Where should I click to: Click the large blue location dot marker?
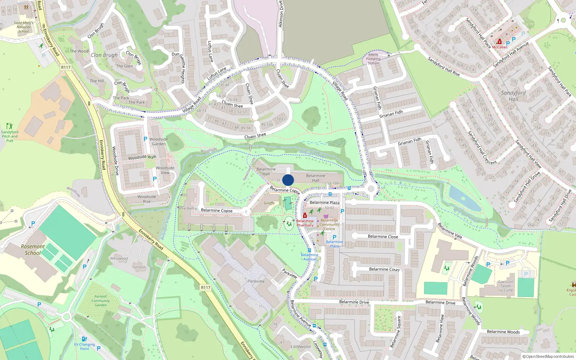point(288,180)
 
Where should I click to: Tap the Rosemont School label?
point(33,249)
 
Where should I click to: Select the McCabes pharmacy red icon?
point(500,42)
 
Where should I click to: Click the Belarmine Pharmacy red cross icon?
point(305,216)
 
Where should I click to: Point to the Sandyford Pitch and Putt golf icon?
point(9,126)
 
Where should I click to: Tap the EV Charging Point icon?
point(84,339)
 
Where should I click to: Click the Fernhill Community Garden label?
point(100,301)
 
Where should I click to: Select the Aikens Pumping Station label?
point(373,59)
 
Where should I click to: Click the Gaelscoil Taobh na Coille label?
point(505,286)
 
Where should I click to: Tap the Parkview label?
point(256,281)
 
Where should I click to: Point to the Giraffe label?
point(269,203)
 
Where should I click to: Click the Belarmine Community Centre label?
point(329,224)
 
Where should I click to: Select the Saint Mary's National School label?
point(23,27)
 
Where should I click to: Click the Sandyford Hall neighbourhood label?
point(513,96)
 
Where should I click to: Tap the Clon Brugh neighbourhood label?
point(104,55)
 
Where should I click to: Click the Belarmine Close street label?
point(383,237)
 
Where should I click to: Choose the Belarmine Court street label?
point(384,269)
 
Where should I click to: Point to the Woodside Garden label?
point(158,141)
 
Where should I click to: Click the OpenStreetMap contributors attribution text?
point(548,356)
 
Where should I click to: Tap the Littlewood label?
point(301,347)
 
